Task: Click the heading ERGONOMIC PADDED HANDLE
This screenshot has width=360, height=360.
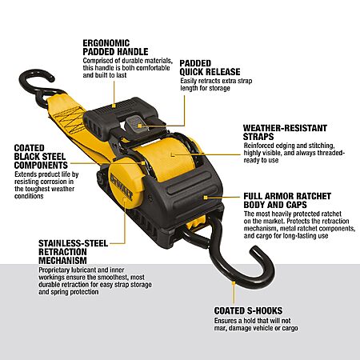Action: click(115, 47)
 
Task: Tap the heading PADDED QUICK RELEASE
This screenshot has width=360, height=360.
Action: click(210, 67)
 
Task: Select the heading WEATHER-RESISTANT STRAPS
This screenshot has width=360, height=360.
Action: click(285, 132)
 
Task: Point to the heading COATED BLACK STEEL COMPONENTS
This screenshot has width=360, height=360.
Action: click(41, 157)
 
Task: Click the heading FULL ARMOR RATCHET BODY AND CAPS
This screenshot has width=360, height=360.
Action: click(287, 201)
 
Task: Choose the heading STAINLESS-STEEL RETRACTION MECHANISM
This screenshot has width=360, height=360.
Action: click(74, 252)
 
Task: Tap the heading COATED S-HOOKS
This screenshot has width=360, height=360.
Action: click(248, 310)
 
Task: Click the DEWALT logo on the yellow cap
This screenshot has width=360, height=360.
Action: click(122, 186)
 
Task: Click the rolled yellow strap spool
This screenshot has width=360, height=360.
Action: click(170, 158)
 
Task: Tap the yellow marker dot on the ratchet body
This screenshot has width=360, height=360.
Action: click(206, 198)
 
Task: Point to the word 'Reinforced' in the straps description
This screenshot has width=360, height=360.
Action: click(258, 146)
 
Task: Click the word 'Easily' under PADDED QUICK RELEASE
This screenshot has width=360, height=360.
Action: click(188, 81)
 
